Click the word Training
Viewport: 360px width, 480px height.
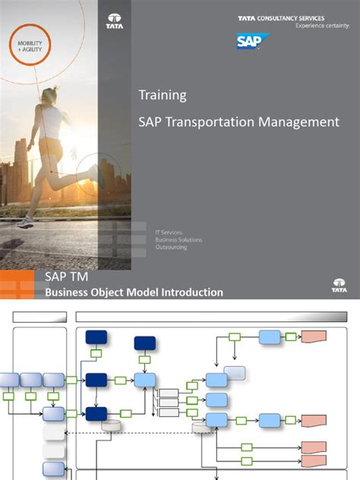(x=162, y=96)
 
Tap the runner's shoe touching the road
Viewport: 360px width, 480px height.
(x=25, y=222)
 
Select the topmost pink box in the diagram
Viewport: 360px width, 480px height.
(x=313, y=336)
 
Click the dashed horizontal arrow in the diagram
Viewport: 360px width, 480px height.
(x=137, y=432)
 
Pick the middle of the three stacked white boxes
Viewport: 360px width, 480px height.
(x=168, y=402)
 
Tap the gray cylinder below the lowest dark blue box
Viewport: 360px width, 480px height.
(x=112, y=425)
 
